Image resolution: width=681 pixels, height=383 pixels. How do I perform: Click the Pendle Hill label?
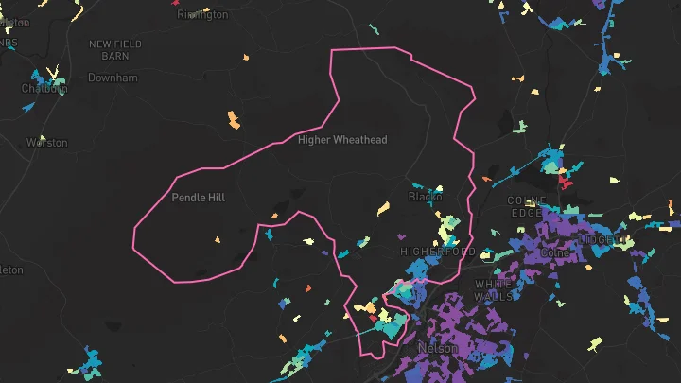coord(199,198)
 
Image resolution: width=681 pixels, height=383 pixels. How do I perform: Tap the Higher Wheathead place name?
coord(342,140)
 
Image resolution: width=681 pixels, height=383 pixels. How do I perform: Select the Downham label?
coord(113,78)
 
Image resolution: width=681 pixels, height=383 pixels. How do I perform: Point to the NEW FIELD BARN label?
coord(115,50)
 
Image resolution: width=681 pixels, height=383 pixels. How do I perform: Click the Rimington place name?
coord(202,14)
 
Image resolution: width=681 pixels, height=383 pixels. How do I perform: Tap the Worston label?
coord(47,143)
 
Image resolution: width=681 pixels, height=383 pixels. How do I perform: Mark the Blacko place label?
coord(425,197)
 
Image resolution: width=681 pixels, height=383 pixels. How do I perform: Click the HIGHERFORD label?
coord(438,252)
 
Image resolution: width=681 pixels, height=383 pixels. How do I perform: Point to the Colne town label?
coord(554,253)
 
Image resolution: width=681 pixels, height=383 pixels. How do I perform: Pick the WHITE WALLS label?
coord(494,289)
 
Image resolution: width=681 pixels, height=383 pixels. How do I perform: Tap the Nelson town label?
coord(438,348)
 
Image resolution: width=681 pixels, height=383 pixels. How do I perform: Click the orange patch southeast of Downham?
coord(234,119)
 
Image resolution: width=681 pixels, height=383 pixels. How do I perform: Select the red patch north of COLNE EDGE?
coord(566,180)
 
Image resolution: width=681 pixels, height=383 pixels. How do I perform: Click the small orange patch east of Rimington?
coord(245,58)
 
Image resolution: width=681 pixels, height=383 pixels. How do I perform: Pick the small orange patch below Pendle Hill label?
coord(218,240)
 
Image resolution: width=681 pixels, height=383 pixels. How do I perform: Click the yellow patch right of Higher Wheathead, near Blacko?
coord(384,207)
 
